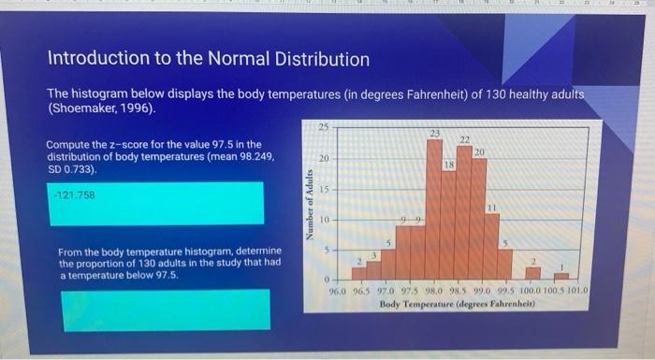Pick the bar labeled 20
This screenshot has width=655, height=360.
click(x=479, y=219)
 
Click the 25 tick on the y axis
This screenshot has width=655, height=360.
click(x=322, y=127)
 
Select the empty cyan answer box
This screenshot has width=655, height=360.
click(x=165, y=310)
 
